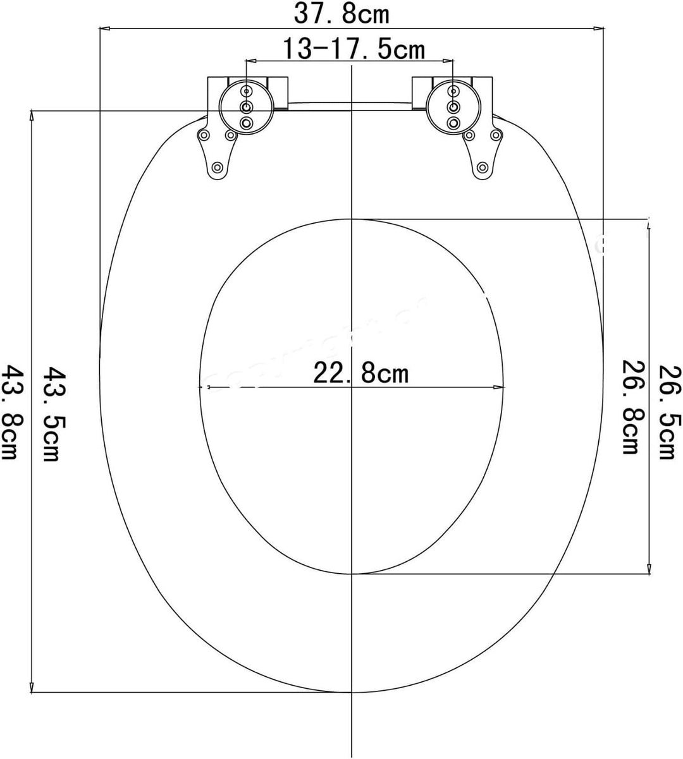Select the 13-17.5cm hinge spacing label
(352, 49)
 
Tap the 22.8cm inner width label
(361, 373)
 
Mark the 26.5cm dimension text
(667, 413)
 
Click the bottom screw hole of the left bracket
(218, 167)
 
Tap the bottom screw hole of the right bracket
(483, 167)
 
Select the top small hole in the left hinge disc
(247, 92)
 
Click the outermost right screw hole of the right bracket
(498, 135)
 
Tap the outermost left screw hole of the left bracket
(204, 135)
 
